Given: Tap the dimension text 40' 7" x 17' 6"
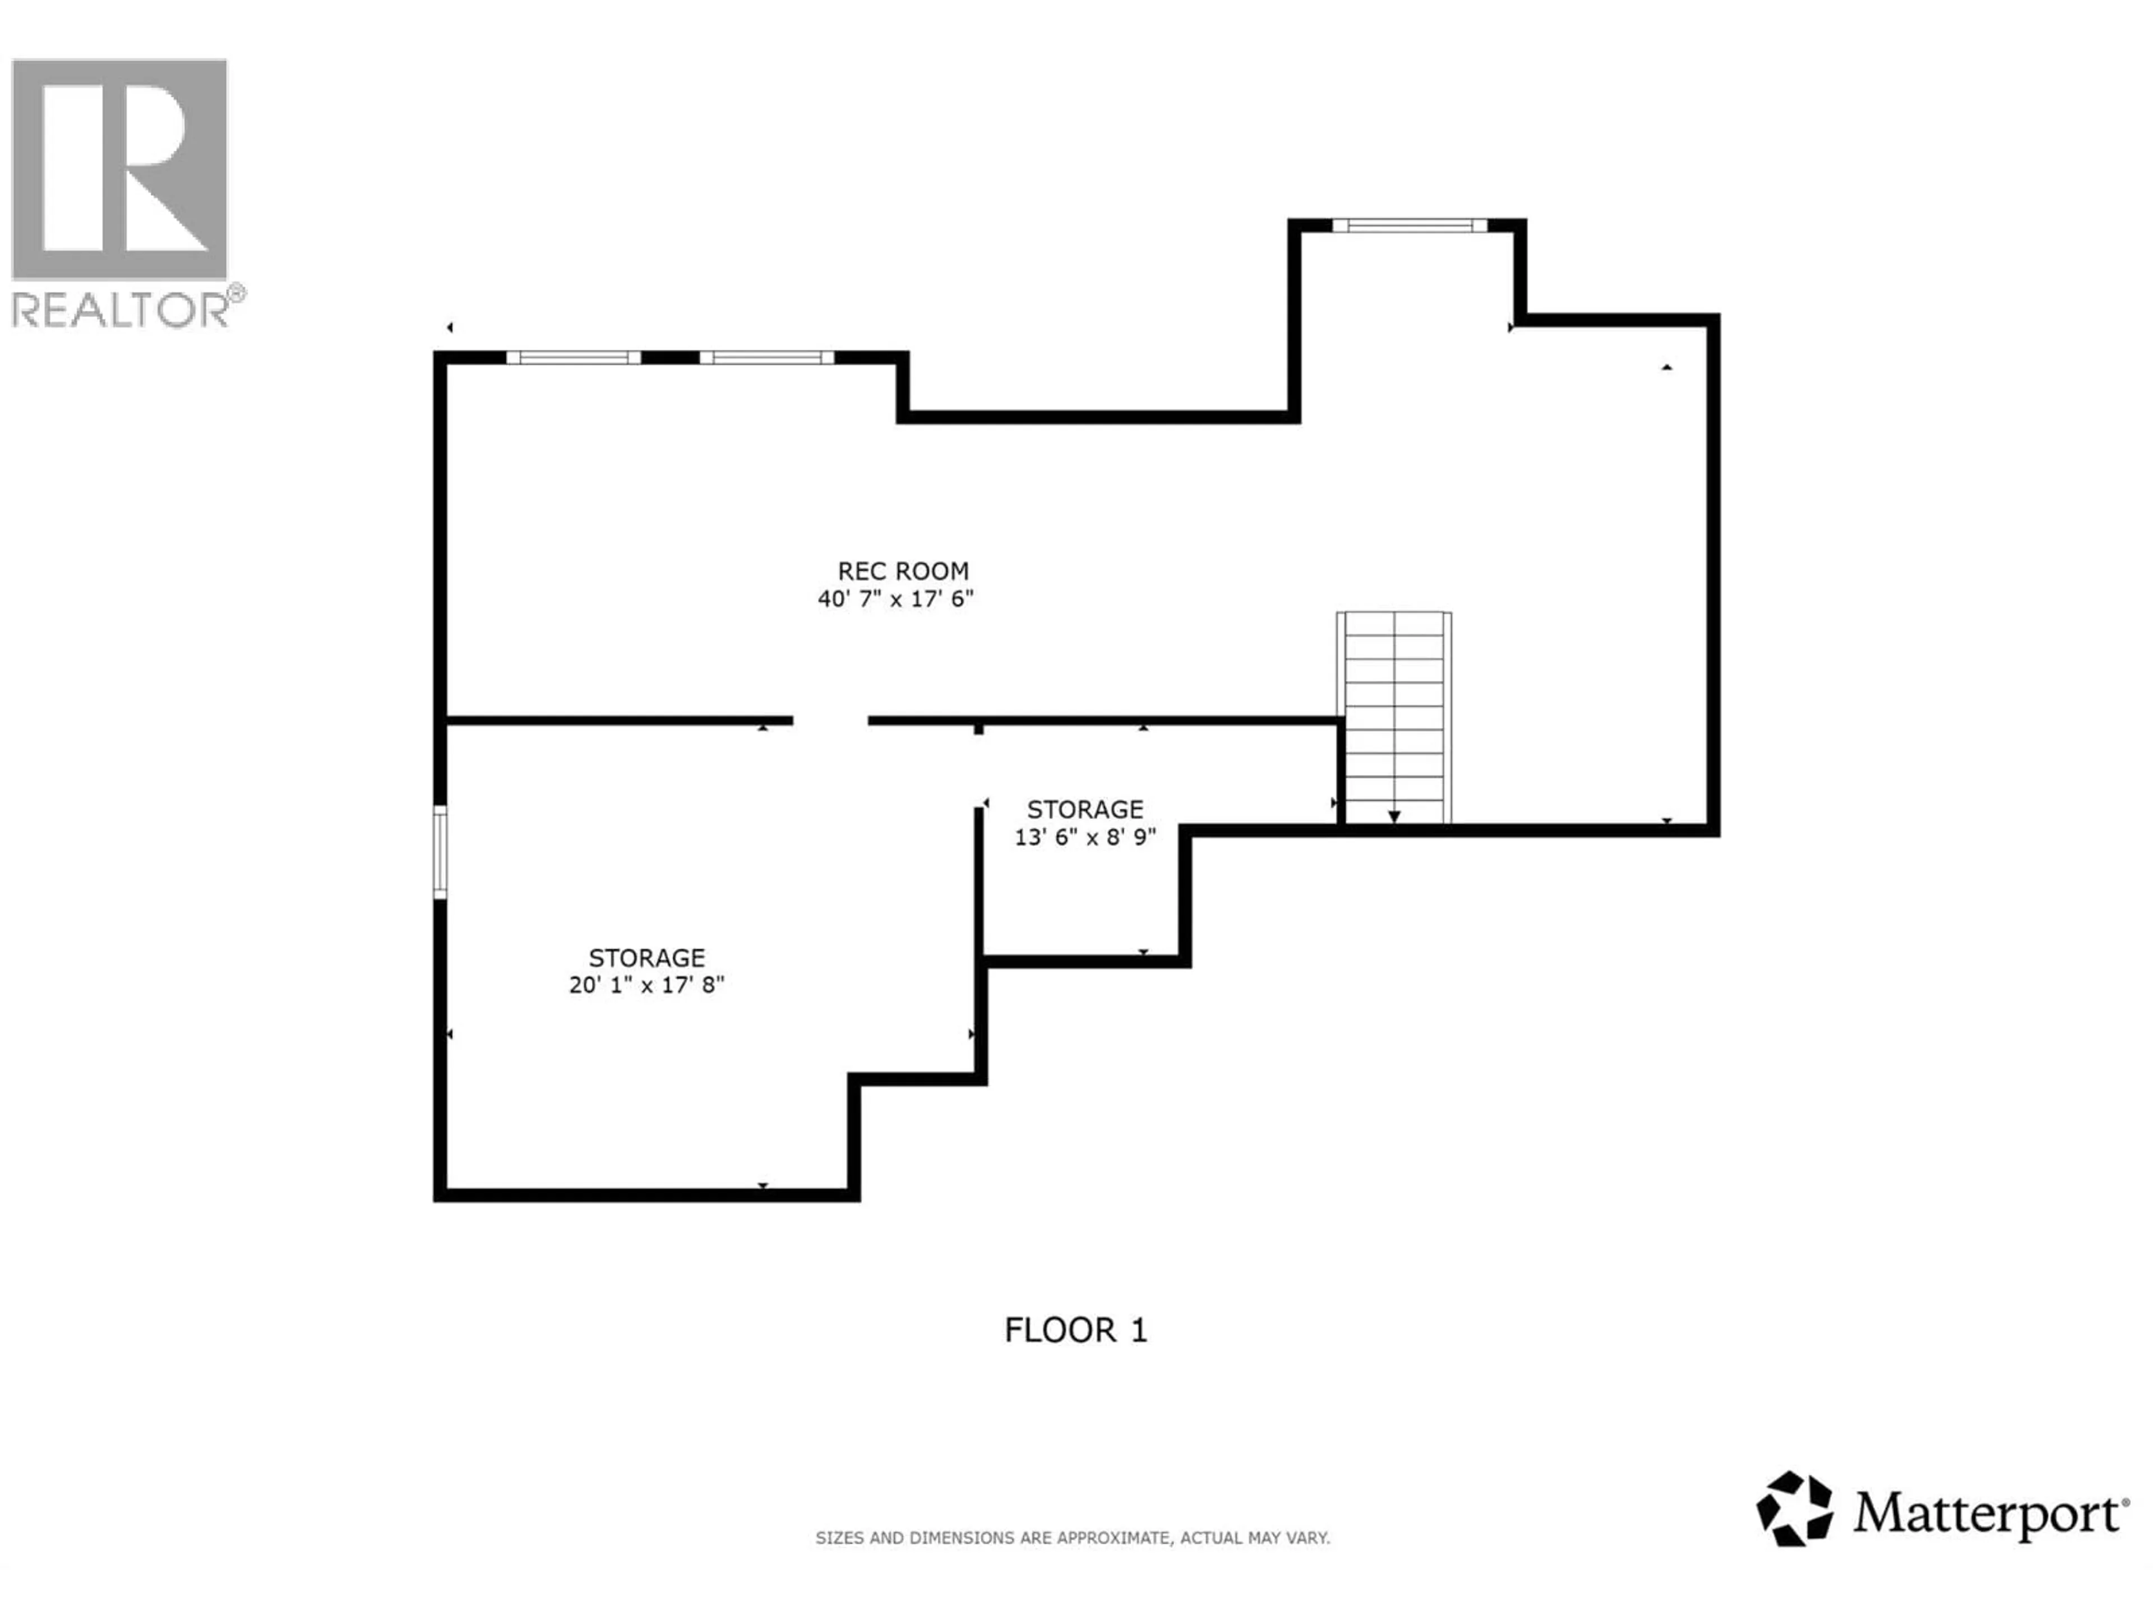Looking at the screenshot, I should click(x=895, y=599).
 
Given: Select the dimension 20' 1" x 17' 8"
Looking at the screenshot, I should click(x=646, y=985).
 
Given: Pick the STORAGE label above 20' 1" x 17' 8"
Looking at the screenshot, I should click(x=646, y=958).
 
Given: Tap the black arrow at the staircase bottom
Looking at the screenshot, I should click(x=1394, y=816).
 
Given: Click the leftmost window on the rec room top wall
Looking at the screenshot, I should click(x=573, y=357).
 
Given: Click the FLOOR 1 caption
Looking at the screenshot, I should click(x=1075, y=1330).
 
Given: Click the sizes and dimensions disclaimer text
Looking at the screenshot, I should click(x=1071, y=1538).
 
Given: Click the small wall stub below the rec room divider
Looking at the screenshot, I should click(x=978, y=728).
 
